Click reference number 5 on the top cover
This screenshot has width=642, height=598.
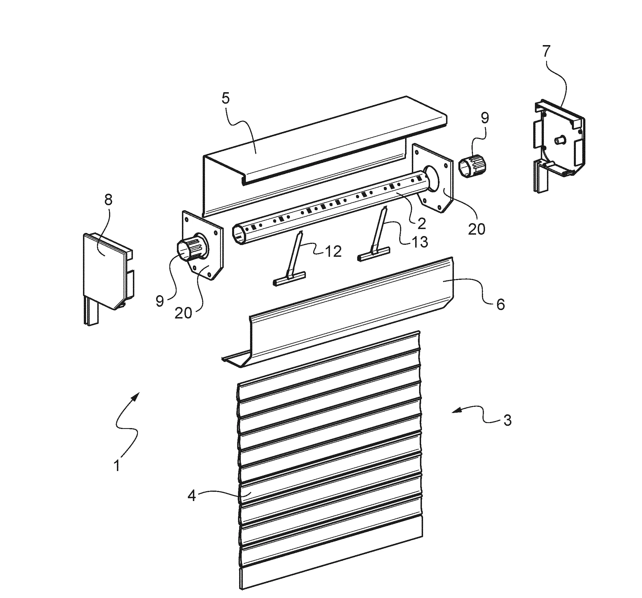(226, 98)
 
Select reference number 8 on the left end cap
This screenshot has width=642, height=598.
(108, 200)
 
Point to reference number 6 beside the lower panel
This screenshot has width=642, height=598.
(500, 304)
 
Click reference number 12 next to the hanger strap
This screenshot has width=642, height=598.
(333, 251)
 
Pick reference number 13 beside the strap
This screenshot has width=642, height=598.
(419, 241)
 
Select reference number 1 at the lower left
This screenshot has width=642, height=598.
(117, 466)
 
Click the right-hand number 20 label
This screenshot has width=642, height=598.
(476, 229)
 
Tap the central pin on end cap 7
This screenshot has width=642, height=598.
(558, 141)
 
